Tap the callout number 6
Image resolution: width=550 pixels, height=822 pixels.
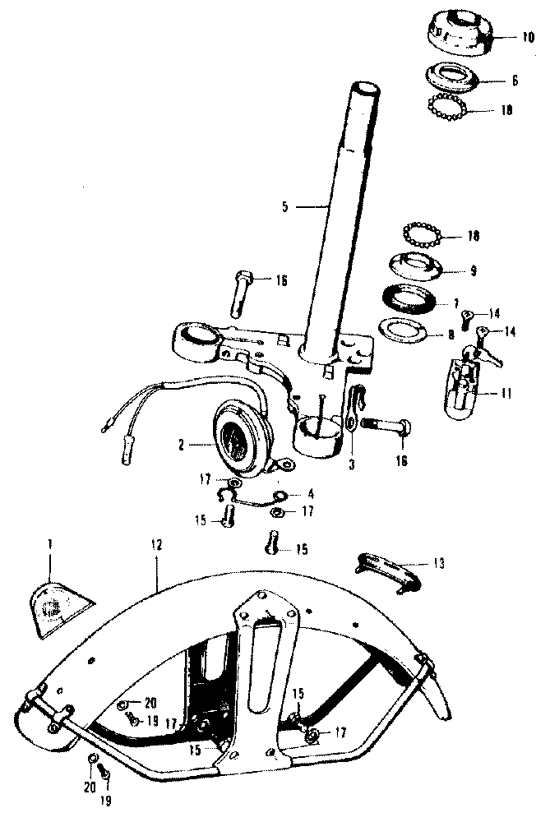pos(515,81)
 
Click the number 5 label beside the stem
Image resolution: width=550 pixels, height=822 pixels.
pos(284,206)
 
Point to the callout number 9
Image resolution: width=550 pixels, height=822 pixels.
pos(473,271)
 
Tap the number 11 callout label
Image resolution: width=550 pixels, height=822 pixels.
pos(506,394)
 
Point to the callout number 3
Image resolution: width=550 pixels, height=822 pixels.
pos(352,464)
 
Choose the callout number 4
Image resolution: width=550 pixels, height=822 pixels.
pos(311,494)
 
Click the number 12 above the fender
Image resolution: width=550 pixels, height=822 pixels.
pos(157,545)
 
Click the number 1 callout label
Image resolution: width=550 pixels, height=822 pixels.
pos(49,545)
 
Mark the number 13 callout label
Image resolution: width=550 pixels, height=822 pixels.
pos(438,564)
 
